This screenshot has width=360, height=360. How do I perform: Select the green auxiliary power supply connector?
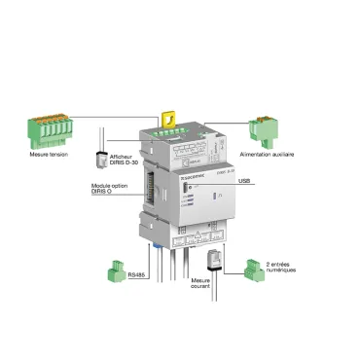coord(264,130)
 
